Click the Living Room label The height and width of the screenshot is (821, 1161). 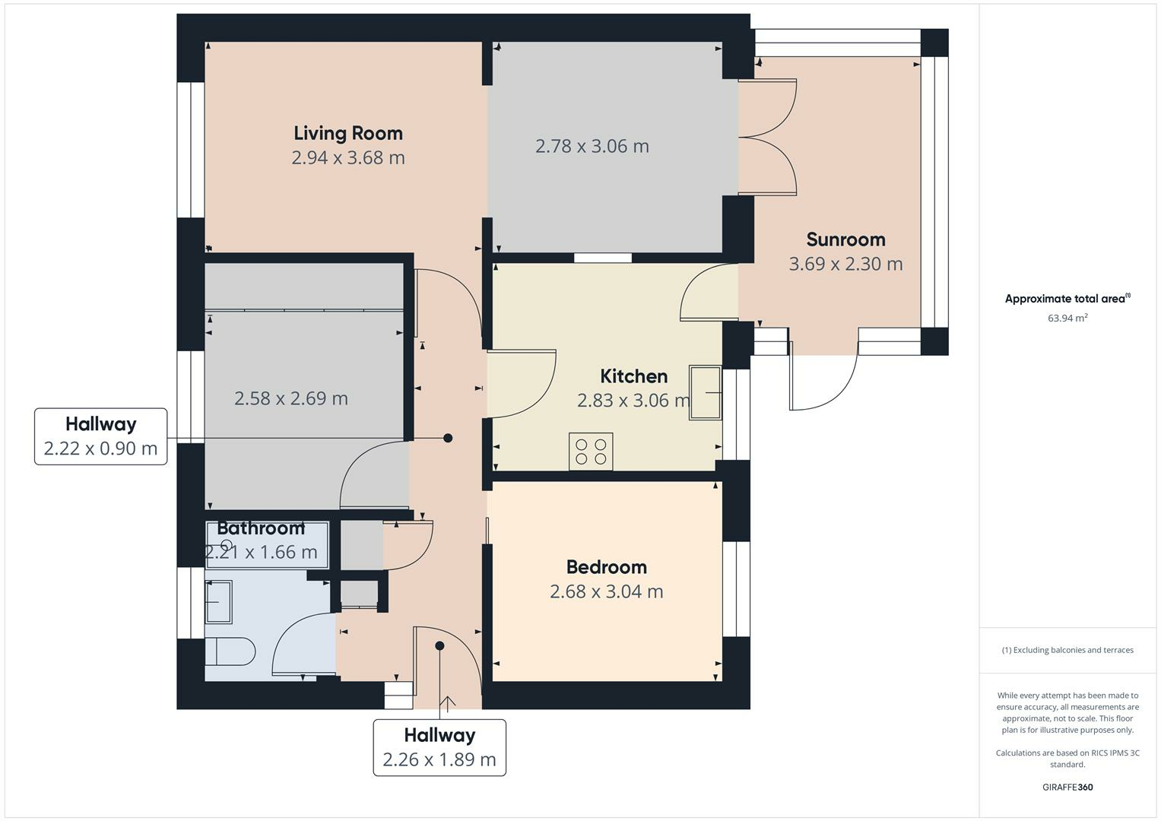[x=348, y=133]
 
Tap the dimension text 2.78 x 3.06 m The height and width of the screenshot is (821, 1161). [x=592, y=146]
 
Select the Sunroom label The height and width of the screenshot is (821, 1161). [x=845, y=239]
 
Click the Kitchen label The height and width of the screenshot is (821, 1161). [x=633, y=376]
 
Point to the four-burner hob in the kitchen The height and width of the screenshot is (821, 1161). [x=591, y=452]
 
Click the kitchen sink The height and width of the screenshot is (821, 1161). [x=705, y=392]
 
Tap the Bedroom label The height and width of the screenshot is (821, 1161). [x=606, y=567]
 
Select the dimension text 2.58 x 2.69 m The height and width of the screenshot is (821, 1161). [x=290, y=398]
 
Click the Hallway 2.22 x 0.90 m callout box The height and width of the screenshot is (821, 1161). [x=100, y=436]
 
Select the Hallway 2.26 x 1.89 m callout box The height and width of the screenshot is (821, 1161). [x=439, y=747]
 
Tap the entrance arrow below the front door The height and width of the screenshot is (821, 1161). [x=446, y=704]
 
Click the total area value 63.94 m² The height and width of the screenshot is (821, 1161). [x=1067, y=319]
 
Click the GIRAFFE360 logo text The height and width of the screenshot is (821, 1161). [x=1067, y=787]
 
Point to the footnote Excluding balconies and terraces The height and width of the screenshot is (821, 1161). [x=1067, y=650]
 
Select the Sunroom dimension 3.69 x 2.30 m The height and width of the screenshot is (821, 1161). [x=845, y=265]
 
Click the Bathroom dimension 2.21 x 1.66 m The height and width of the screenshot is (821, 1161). [x=261, y=553]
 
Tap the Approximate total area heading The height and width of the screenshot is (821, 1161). [x=1067, y=299]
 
